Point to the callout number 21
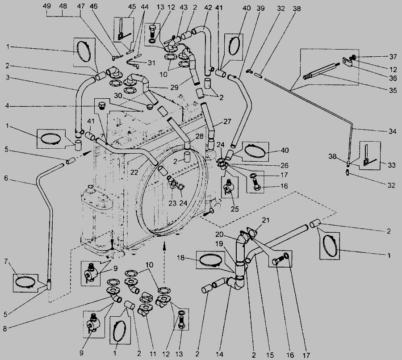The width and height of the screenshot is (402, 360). (266, 219)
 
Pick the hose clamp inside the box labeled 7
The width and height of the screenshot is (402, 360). (26, 282)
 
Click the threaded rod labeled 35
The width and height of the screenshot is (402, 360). (320, 70)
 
